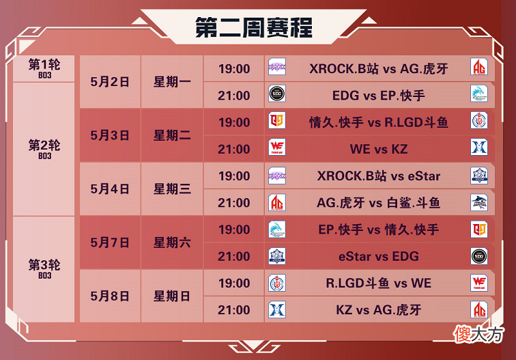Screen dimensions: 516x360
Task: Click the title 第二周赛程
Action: point(254,27)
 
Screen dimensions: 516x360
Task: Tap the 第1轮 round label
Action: point(44,65)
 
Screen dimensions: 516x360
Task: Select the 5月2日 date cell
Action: point(110,82)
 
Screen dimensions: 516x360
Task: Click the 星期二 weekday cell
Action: point(172,135)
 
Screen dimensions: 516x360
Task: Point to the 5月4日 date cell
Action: point(110,189)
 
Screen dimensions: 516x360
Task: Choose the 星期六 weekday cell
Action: point(172,243)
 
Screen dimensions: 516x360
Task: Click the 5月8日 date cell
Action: point(110,296)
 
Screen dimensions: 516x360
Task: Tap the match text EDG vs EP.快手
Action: point(378,96)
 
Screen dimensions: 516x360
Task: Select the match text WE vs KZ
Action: point(378,149)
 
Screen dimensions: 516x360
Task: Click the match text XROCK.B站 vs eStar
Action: point(378,176)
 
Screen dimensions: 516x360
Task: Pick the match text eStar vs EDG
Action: point(378,256)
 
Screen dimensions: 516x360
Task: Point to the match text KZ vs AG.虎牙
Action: point(378,310)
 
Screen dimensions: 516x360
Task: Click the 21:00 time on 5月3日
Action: point(234,149)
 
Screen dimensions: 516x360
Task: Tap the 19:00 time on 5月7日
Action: point(234,230)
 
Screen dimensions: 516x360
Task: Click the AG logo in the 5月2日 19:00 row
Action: point(479,66)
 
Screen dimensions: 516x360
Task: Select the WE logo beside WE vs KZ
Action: point(276,147)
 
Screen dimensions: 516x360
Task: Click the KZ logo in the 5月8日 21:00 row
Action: point(276,309)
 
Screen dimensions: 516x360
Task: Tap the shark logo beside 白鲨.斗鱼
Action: point(479,202)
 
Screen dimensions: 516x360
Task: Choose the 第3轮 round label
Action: point(44,265)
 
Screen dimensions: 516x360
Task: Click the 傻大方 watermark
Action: point(478,334)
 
